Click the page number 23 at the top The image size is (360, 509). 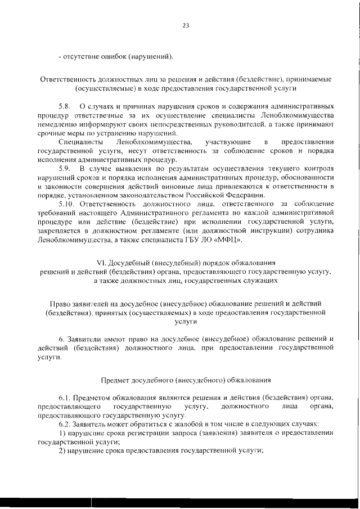point(186,25)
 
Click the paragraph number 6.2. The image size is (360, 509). point(66,424)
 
